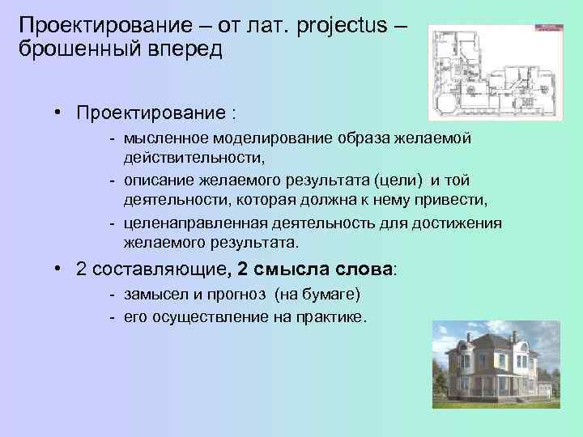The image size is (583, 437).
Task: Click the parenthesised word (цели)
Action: click(396, 179)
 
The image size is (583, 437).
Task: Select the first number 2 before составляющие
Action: click(81, 269)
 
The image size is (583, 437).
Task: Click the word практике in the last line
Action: click(332, 316)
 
